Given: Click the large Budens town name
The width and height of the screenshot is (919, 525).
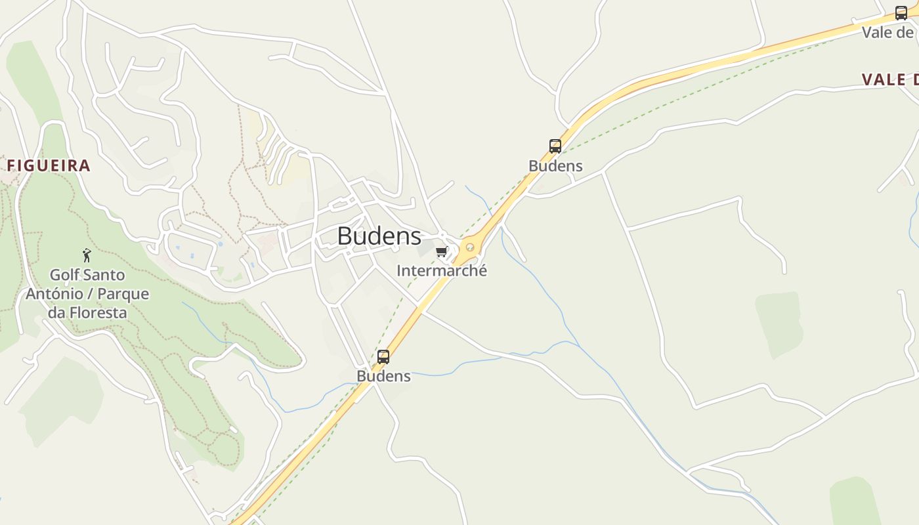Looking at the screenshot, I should pyautogui.click(x=379, y=236).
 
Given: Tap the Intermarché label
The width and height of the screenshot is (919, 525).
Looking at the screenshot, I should pyautogui.click(x=442, y=270).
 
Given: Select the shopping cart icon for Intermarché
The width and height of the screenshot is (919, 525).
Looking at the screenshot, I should pyautogui.click(x=442, y=251).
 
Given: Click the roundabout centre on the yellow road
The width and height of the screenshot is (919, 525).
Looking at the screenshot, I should pyautogui.click(x=469, y=247).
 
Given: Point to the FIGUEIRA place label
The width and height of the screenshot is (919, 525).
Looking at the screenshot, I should pyautogui.click(x=49, y=165).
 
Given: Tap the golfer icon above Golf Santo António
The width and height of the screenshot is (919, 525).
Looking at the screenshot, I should pyautogui.click(x=87, y=255).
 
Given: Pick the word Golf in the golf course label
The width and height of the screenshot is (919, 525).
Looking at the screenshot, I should pyautogui.click(x=64, y=274).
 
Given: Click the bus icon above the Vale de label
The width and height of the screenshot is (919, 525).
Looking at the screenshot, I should pyautogui.click(x=901, y=12).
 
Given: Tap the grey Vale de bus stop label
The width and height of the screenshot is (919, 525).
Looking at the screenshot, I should pyautogui.click(x=887, y=32).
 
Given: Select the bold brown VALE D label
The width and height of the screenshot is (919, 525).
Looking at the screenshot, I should pyautogui.click(x=889, y=79).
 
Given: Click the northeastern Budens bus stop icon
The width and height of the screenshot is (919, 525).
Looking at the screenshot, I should pyautogui.click(x=555, y=146).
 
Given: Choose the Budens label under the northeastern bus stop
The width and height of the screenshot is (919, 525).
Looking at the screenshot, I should pyautogui.click(x=555, y=166).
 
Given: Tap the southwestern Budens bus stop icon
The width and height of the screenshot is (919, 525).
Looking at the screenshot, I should pyautogui.click(x=383, y=357).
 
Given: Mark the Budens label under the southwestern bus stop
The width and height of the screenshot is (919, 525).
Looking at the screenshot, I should pyautogui.click(x=383, y=376).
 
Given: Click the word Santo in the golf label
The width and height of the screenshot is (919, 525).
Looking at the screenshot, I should pyautogui.click(x=104, y=274).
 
